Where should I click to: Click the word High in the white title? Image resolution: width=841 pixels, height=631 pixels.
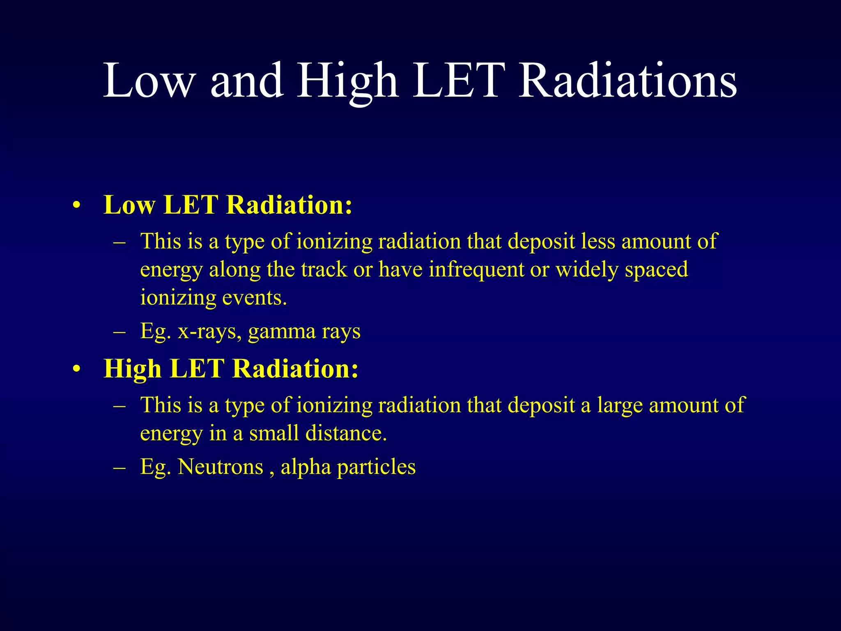pyautogui.click(x=347, y=81)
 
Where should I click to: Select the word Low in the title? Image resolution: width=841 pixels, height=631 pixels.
pyautogui.click(x=148, y=81)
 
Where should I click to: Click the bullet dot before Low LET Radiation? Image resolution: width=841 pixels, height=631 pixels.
pyautogui.click(x=76, y=205)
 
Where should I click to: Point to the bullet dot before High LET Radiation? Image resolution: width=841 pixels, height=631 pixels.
pyautogui.click(x=76, y=369)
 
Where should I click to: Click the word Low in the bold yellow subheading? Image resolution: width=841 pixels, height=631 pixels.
pyautogui.click(x=129, y=205)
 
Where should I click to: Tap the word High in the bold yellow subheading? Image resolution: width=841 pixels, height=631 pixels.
pyautogui.click(x=133, y=369)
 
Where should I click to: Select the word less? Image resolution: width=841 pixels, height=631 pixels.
pyautogui.click(x=598, y=241)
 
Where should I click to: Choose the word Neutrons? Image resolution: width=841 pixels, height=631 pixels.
pyautogui.click(x=221, y=467)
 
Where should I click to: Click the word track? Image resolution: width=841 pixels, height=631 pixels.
pyautogui.click(x=324, y=270)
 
